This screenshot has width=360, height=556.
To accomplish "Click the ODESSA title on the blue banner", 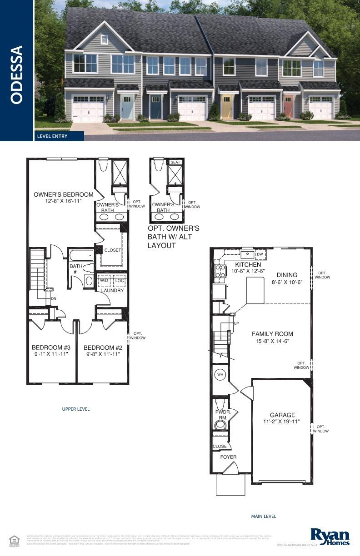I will tap(16, 74).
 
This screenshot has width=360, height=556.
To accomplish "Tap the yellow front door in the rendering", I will tap(226, 107).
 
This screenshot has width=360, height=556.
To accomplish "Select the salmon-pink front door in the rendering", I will tap(288, 107).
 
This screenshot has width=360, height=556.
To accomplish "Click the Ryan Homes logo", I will tap(330, 536).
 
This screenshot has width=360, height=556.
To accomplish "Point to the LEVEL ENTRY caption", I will tap(51, 136).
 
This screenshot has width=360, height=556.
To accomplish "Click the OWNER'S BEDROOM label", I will tap(64, 194).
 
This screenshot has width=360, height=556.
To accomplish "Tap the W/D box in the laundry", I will tap(105, 281).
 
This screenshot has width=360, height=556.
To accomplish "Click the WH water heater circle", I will tap(220, 375).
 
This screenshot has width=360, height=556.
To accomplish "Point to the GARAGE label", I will tap(282, 415).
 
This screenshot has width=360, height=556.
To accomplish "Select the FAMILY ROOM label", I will tap(273, 334).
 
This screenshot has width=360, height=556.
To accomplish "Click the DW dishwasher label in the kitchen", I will tap(260, 254).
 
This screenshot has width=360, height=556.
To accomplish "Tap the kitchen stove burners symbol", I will tap(220, 271).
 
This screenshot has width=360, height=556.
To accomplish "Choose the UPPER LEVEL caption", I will tap(76, 409).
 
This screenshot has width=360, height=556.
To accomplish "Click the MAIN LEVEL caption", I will tap(264, 516).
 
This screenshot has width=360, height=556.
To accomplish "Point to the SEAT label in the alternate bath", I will tap(175, 162).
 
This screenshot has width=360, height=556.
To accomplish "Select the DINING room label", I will tap(287, 275).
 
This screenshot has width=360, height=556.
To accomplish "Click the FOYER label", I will tap(229, 457).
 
